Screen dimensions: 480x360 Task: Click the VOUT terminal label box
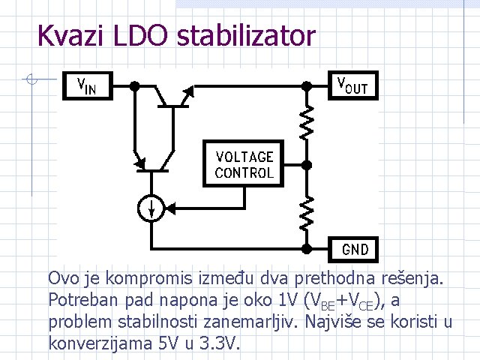click(x=352, y=85)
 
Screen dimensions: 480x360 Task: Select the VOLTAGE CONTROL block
click(x=244, y=164)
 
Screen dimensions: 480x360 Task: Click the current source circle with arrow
click(x=153, y=208)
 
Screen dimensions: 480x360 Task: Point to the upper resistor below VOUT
click(x=306, y=122)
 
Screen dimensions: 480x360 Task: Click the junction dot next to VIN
click(x=133, y=86)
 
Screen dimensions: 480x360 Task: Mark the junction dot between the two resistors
click(x=306, y=164)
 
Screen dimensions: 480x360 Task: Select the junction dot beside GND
click(x=306, y=247)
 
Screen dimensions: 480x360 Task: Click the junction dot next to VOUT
click(x=306, y=86)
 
